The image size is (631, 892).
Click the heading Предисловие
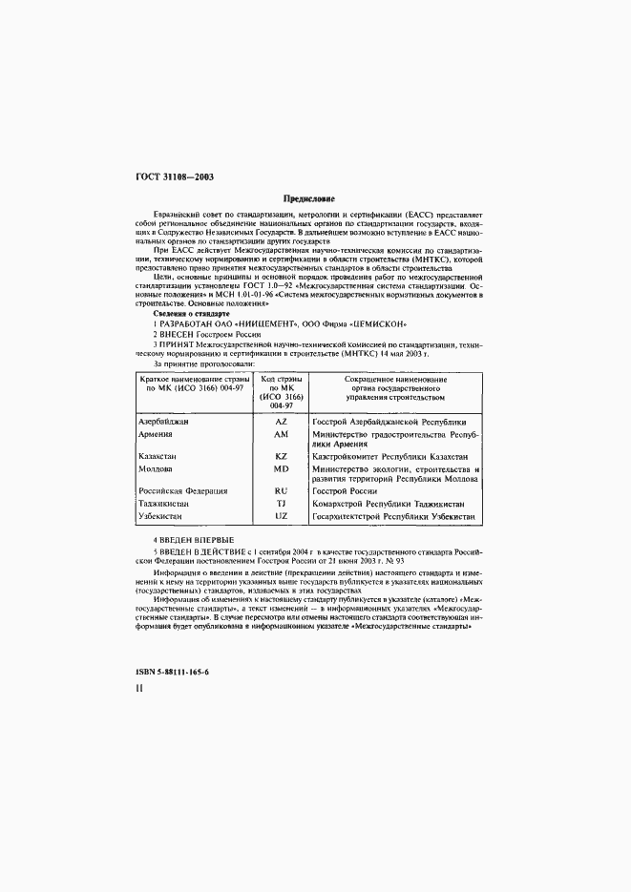click(x=315, y=199)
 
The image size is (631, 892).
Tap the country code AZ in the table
click(x=281, y=422)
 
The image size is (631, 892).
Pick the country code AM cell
click(x=281, y=435)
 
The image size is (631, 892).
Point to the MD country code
click(x=281, y=469)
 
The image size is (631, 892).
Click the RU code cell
click(x=281, y=491)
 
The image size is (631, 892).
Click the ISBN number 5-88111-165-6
click(x=174, y=673)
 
